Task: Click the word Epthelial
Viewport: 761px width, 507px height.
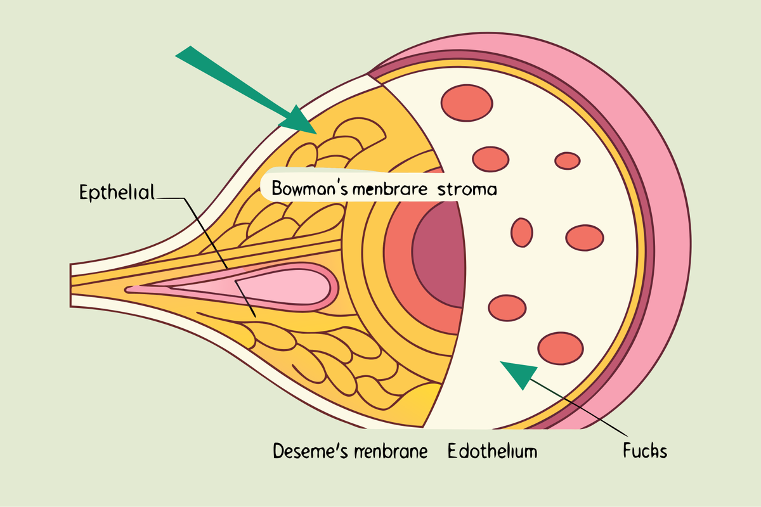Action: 117,193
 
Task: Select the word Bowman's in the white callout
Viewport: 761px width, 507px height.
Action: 310,188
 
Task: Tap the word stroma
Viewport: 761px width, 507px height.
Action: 467,189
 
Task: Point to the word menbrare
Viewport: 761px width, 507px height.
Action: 390,189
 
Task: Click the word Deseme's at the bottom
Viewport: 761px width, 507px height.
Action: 311,451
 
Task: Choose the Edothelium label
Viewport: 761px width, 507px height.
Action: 493,451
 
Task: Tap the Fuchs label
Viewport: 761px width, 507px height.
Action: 645,451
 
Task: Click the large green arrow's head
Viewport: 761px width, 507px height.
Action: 299,120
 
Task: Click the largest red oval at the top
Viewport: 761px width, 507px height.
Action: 467,103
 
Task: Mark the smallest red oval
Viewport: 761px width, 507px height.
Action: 568,160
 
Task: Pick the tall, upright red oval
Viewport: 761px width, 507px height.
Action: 522,233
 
